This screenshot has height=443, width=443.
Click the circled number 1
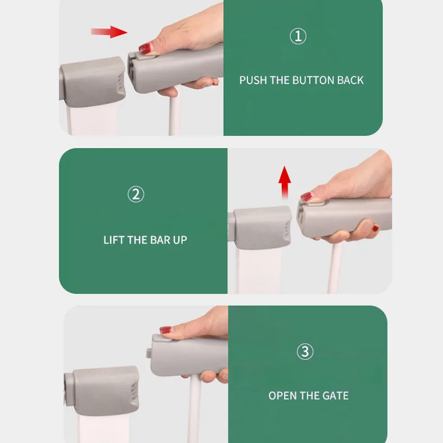tap(298, 36)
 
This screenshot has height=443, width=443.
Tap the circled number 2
tap(136, 194)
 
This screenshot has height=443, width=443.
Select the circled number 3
tap(305, 352)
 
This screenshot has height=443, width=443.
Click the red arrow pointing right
tap(109, 32)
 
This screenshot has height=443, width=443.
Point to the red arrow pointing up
tap(285, 183)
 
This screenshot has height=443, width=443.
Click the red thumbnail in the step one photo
tap(145, 48)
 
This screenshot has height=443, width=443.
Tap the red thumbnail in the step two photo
tap(306, 197)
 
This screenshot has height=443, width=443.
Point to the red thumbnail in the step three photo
tap(166, 329)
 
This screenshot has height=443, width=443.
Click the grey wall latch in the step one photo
tap(93, 81)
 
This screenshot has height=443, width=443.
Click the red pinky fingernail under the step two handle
tap(376, 228)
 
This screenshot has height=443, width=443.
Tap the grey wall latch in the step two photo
tap(260, 228)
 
